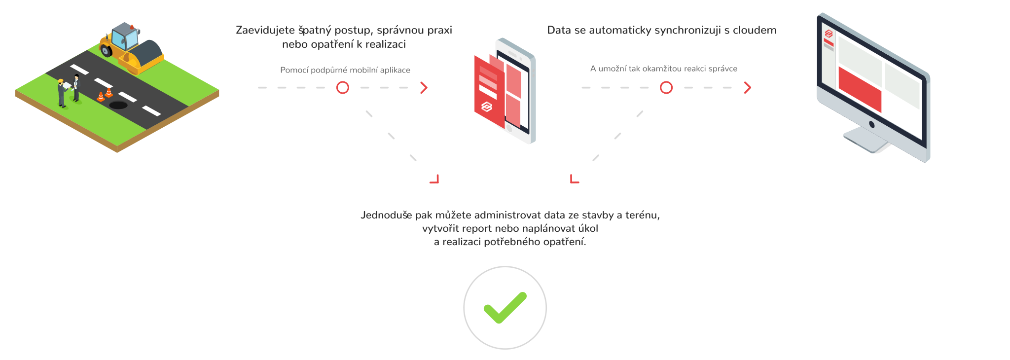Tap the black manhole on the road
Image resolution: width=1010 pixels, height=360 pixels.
[x=118, y=105]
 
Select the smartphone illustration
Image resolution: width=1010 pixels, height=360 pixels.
[x=508, y=91]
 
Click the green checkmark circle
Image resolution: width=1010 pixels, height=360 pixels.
[x=505, y=307]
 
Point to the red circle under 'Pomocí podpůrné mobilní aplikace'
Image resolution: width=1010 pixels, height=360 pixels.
[x=343, y=88]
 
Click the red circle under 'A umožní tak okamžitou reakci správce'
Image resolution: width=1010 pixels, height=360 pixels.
[x=666, y=88]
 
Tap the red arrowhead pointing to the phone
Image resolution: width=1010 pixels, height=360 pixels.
[x=424, y=88]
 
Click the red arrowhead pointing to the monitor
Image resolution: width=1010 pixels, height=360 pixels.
[x=748, y=88]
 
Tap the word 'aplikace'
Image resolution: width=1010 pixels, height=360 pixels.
[x=395, y=70]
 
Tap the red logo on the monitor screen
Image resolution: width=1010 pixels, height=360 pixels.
[x=829, y=34]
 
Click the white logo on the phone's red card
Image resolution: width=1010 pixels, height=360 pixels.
[x=486, y=107]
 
